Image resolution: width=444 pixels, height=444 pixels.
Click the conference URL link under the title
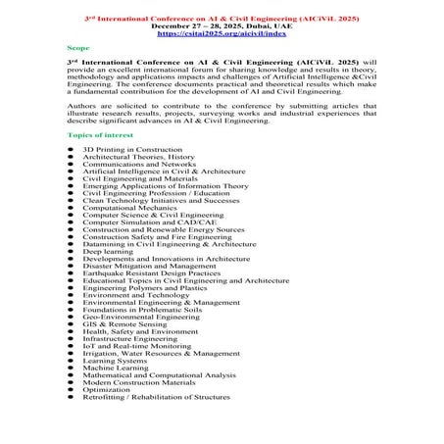coord(222,32)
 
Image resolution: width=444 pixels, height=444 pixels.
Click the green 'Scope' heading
coord(77,47)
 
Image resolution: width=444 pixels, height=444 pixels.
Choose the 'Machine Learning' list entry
coord(117,367)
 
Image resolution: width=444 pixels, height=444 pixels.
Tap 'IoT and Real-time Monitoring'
coord(137,346)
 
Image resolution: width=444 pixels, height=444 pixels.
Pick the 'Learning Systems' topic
coord(115,360)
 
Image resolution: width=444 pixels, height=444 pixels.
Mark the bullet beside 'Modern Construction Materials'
coord(72,380)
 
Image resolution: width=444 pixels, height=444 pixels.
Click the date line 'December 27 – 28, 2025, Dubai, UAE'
coord(222,25)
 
